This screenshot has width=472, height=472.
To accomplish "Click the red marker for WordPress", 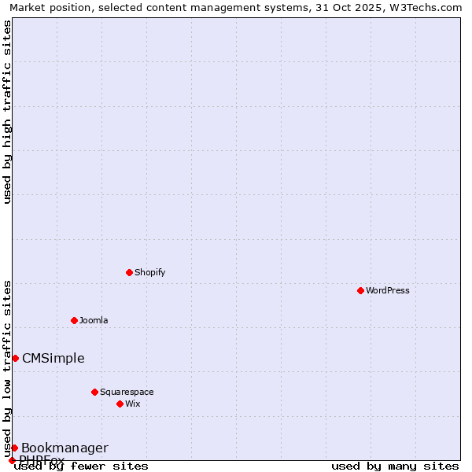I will (x=360, y=290).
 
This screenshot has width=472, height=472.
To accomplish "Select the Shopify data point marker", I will (x=129, y=272).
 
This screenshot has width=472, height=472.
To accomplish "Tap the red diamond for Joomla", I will (x=74, y=320).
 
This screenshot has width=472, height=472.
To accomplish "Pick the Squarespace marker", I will (x=94, y=392).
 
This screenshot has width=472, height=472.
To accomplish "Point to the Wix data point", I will (x=120, y=404).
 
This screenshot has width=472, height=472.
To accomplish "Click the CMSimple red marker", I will (x=15, y=358).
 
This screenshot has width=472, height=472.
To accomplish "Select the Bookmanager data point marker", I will (x=14, y=448).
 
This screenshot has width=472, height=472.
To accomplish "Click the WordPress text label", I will (x=388, y=290).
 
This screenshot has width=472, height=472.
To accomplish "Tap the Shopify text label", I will (x=150, y=272).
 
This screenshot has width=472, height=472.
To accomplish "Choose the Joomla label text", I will (x=94, y=320).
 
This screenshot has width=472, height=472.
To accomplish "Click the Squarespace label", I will (x=127, y=392).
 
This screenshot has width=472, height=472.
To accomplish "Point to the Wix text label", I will (x=133, y=404).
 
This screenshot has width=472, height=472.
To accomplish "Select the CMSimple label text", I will (x=53, y=359).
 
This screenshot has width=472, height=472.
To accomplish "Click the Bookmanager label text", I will (x=65, y=448).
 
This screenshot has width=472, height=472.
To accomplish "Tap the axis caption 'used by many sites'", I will (x=395, y=466).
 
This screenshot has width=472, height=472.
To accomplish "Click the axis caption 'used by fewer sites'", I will (x=81, y=466).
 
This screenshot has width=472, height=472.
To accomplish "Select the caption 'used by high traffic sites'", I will (x=8, y=112).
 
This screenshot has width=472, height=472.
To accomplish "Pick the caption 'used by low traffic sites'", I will (x=8, y=368).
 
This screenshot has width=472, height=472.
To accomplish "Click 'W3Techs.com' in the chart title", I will (x=430, y=8).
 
